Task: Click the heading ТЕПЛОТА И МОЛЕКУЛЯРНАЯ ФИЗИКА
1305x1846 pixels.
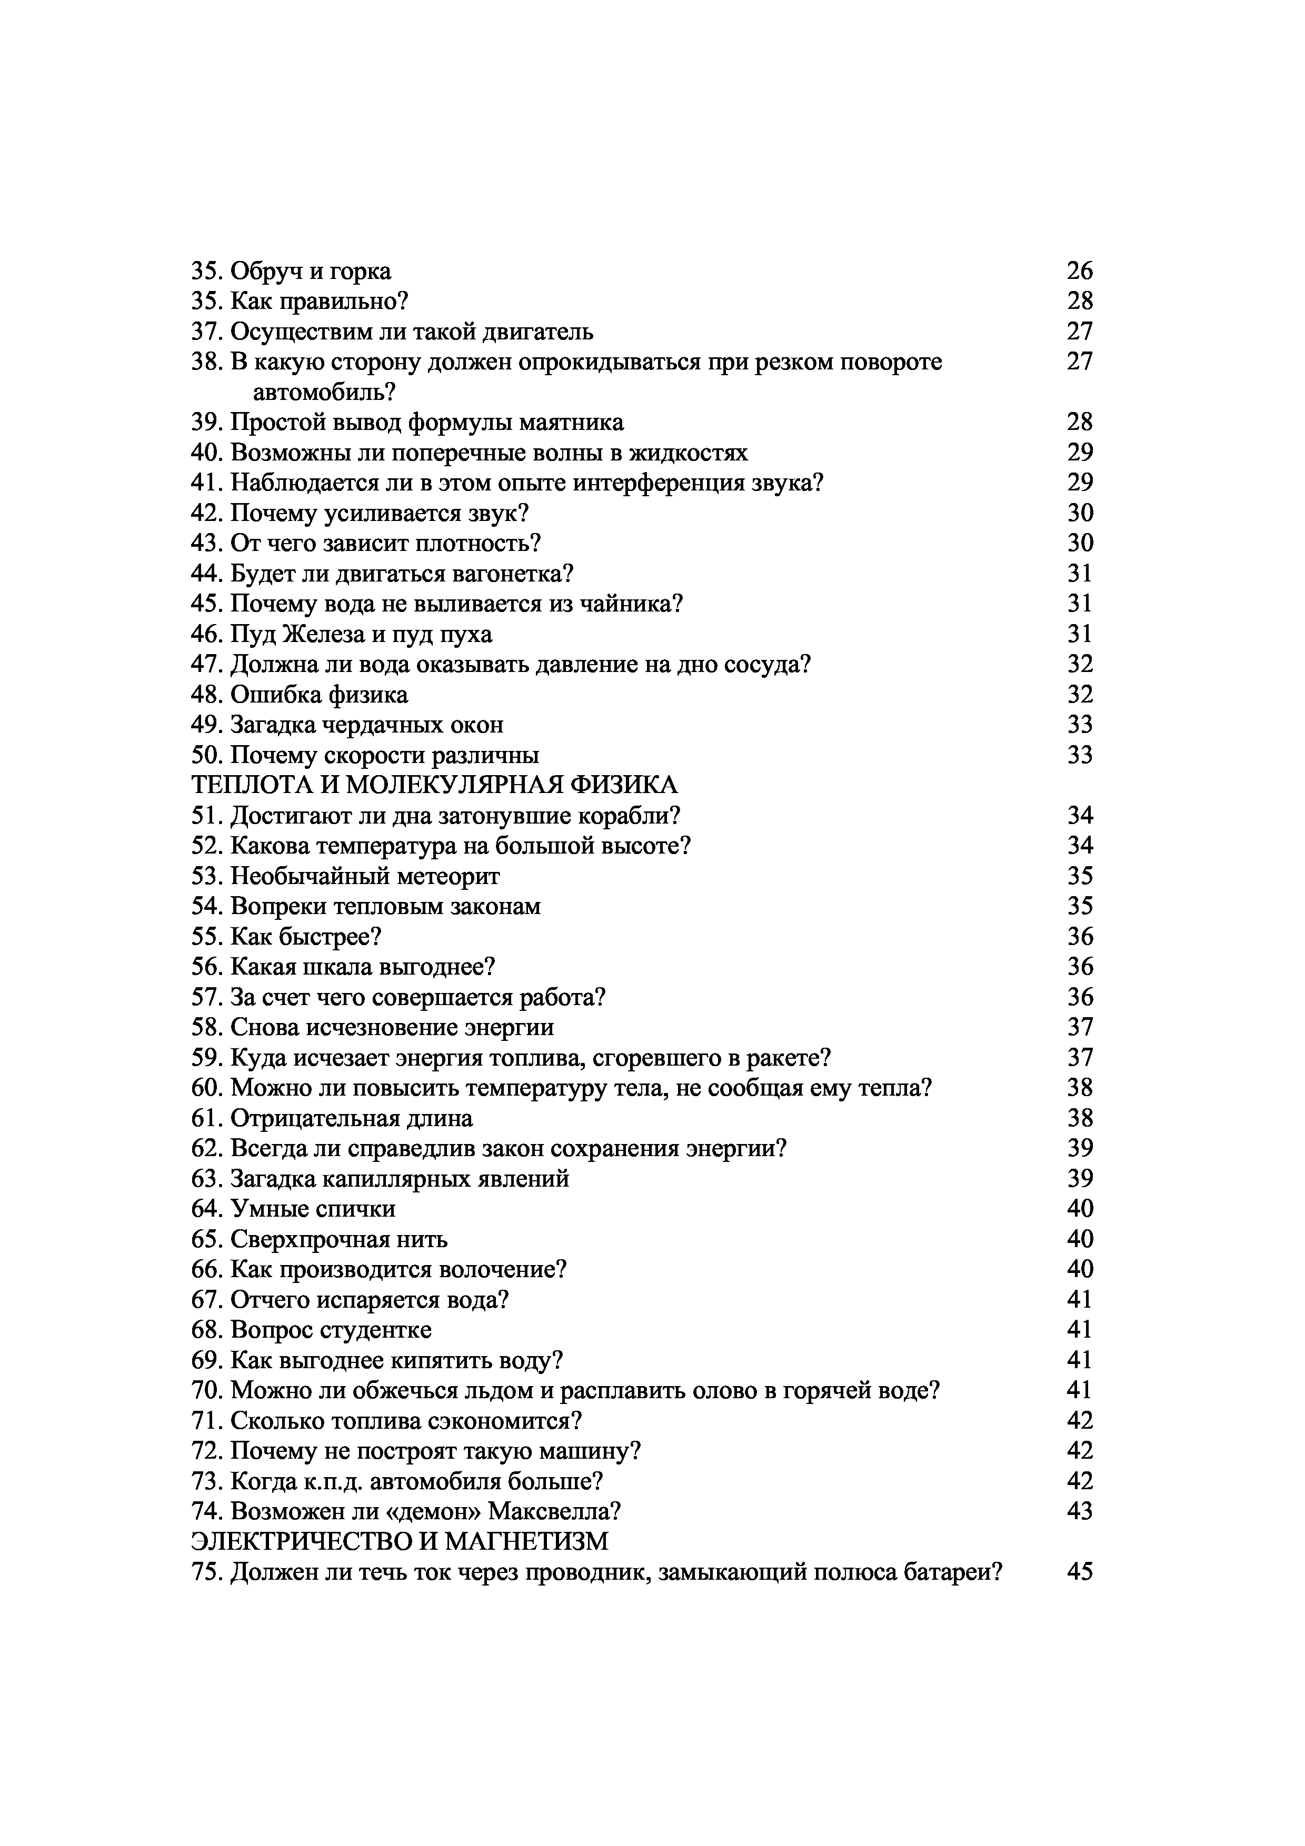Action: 434,785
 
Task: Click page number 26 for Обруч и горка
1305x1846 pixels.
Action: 1080,272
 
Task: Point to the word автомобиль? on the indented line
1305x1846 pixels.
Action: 326,393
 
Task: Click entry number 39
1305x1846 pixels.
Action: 207,423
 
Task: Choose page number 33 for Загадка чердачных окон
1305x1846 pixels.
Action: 1080,725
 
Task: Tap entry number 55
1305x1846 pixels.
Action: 207,938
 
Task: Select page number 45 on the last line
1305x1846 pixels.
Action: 1080,1573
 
